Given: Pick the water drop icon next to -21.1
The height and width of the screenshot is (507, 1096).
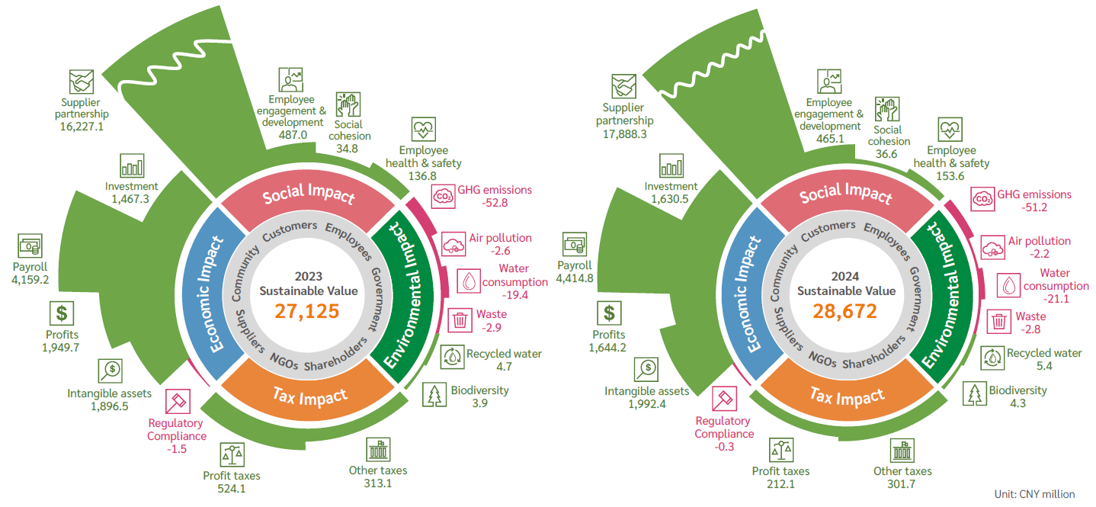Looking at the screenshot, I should click(1009, 285).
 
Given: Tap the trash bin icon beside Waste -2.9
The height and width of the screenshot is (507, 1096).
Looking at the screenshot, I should click(460, 319).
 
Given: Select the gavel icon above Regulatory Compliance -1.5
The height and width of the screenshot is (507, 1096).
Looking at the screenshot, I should click(177, 400).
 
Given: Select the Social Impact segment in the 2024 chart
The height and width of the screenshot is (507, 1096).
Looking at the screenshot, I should click(845, 194).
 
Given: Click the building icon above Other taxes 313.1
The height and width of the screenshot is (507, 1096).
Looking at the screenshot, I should click(377, 450).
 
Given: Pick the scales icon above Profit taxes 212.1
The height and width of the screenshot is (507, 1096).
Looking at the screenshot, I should click(781, 451).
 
